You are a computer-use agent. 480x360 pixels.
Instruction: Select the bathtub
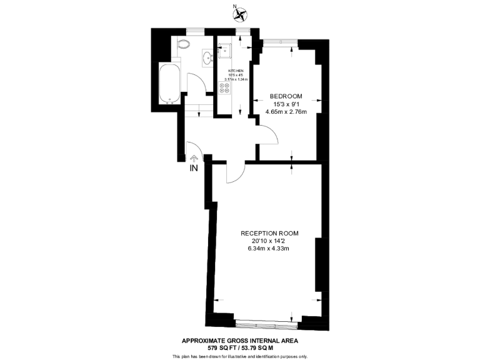coord(170,83)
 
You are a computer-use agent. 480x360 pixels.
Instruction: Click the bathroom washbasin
coord(207,59)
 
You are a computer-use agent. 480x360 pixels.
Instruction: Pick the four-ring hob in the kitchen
coord(224,89)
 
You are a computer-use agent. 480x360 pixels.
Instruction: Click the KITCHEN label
coord(235,71)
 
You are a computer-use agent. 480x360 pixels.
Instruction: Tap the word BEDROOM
coord(286,96)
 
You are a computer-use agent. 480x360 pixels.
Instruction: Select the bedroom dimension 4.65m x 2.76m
coord(286,111)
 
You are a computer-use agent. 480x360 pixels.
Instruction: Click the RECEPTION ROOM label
coord(270,233)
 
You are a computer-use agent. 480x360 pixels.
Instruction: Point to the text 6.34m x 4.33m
coord(270,249)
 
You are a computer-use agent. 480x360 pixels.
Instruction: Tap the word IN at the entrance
coord(194,168)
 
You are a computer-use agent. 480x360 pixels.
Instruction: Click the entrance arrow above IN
coord(194,159)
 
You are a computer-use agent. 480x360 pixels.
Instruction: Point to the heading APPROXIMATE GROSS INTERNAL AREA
coord(240,341)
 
